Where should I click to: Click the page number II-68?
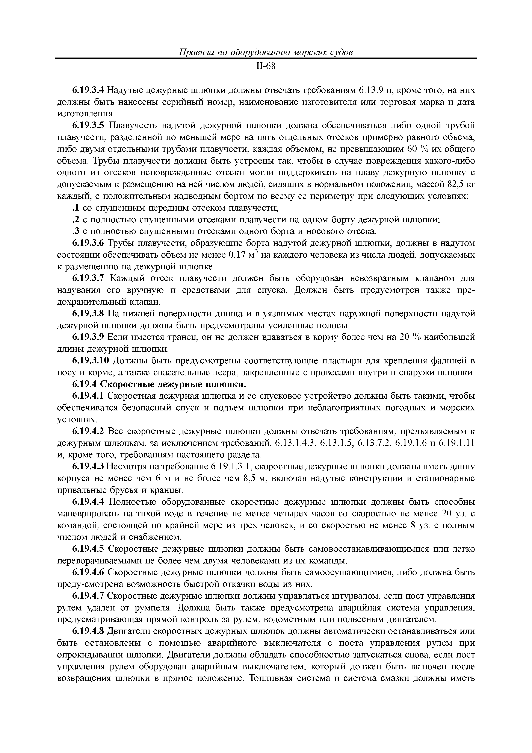[x=266, y=67]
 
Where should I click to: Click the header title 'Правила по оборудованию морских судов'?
[x=266, y=52]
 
